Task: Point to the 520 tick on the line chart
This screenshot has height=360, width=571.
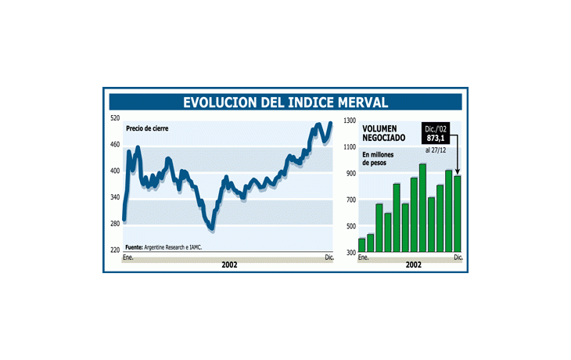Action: coord(115,118)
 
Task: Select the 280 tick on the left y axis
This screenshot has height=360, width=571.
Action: coord(115,224)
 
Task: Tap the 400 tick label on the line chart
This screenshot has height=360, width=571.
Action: coord(115,171)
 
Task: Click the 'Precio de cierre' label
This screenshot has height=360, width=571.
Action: coord(147,128)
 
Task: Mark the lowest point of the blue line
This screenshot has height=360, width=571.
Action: coord(210,228)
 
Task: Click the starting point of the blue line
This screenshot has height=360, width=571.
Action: coord(124,220)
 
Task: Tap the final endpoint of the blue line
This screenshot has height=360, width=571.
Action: coord(330,123)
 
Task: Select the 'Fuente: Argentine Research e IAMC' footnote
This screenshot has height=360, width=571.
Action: coord(169,247)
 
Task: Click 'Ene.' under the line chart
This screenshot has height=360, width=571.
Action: coord(128,257)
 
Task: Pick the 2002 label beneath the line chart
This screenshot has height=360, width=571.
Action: coord(229,265)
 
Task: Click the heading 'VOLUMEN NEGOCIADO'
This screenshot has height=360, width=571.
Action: coord(383,133)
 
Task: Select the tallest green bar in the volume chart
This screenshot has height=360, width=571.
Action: coord(423,208)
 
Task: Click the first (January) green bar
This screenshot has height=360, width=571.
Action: coord(361,245)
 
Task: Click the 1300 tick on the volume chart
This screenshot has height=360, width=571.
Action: coord(348,121)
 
